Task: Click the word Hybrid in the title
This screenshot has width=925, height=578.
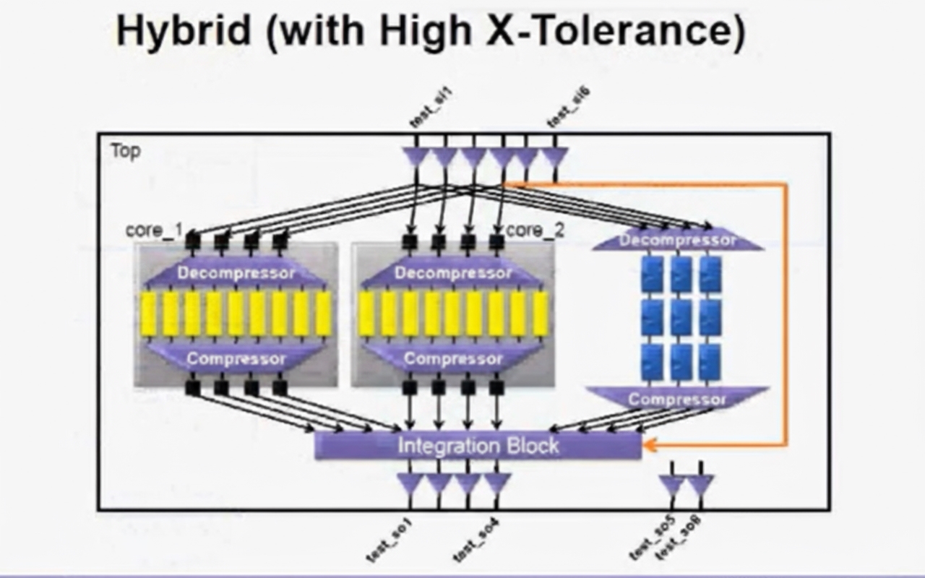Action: point(184,33)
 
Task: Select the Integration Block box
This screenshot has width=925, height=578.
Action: point(478,445)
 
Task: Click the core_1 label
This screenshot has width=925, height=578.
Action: point(154,230)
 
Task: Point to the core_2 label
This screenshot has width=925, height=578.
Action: point(535,230)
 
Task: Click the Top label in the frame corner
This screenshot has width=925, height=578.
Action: point(126,151)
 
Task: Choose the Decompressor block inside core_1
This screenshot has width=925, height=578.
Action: point(236,273)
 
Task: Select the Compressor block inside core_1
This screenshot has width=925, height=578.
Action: point(236,358)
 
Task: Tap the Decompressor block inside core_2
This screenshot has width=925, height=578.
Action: point(453,273)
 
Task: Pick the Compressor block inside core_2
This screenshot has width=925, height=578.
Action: point(453,358)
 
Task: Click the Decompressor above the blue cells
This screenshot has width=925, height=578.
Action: point(678,240)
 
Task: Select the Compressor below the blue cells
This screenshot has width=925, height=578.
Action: point(676,399)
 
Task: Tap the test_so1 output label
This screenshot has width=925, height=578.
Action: point(390,540)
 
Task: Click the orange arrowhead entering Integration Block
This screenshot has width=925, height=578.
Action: point(647,445)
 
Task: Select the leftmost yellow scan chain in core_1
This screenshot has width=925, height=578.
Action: point(148,314)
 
